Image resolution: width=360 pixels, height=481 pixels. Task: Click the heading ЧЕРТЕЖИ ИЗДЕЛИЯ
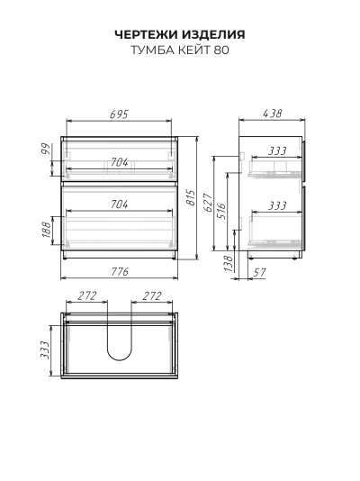(x=180, y=34)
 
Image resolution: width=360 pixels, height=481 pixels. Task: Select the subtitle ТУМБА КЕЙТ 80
(x=180, y=50)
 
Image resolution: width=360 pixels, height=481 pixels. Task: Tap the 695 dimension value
(x=119, y=114)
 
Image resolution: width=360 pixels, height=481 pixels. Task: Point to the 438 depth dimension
(x=272, y=113)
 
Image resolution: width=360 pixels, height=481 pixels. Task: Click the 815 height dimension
(x=191, y=198)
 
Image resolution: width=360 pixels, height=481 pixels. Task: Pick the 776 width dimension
(x=120, y=271)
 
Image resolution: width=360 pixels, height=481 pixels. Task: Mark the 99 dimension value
(x=46, y=149)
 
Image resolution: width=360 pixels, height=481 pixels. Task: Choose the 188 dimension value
(x=46, y=230)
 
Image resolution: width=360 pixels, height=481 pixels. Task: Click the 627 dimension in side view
(x=208, y=203)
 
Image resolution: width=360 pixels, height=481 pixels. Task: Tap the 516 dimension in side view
(x=221, y=211)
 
